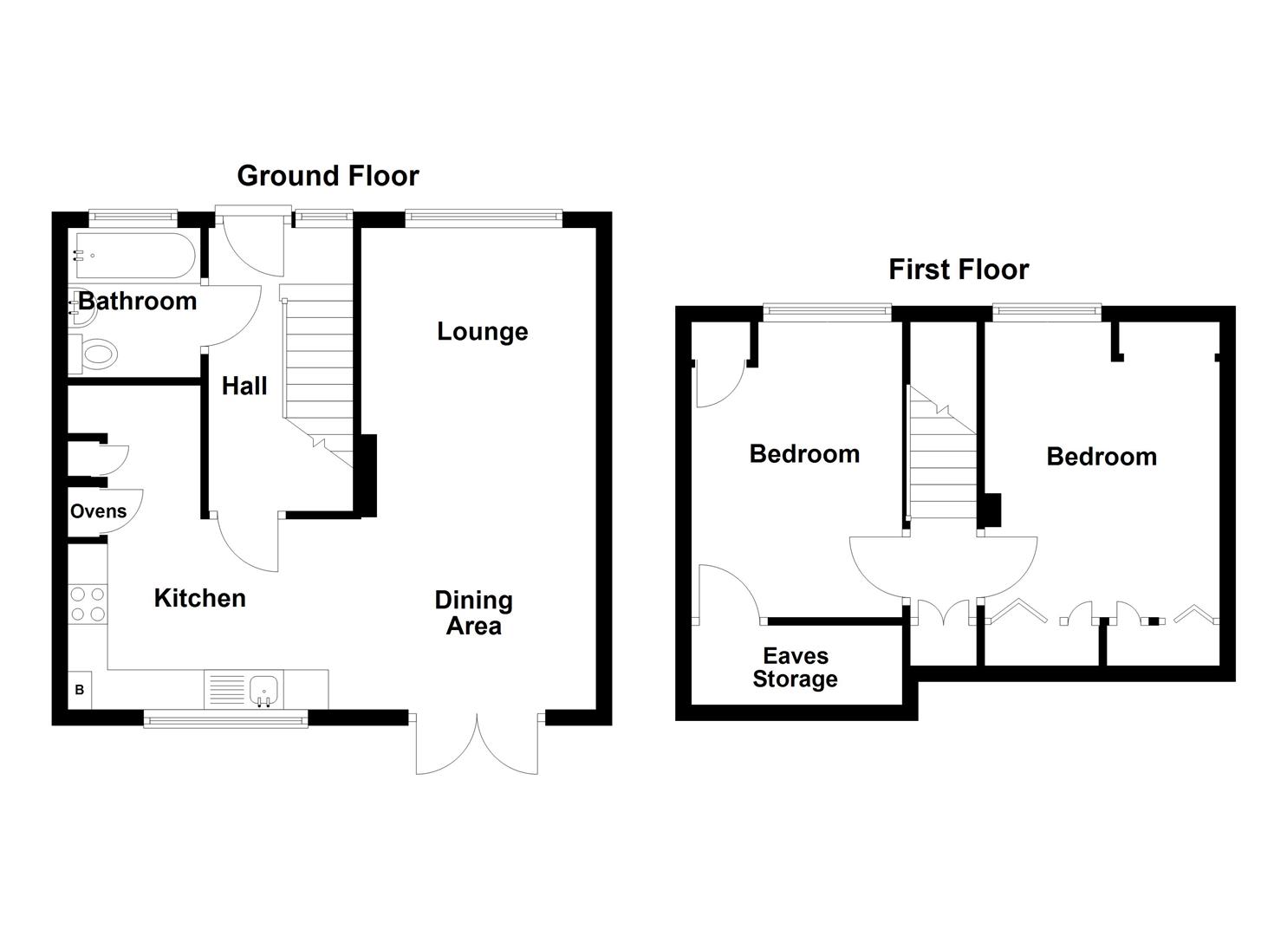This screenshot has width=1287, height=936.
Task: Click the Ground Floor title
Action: tap(328, 176)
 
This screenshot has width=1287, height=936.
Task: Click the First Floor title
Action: tap(958, 270)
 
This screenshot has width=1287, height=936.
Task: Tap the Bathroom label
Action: tap(138, 302)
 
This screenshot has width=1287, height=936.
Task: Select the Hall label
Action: tap(244, 386)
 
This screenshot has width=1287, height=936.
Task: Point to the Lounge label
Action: tap(482, 332)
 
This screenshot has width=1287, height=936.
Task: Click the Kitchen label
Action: tap(199, 598)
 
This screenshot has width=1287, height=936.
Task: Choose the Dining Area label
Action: tap(473, 613)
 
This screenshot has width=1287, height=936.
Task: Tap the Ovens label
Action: tap(98, 511)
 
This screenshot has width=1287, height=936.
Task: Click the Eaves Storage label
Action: tap(795, 667)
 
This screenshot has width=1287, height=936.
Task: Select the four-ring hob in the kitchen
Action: tap(87, 604)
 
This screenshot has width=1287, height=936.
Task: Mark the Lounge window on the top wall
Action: tap(484, 218)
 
